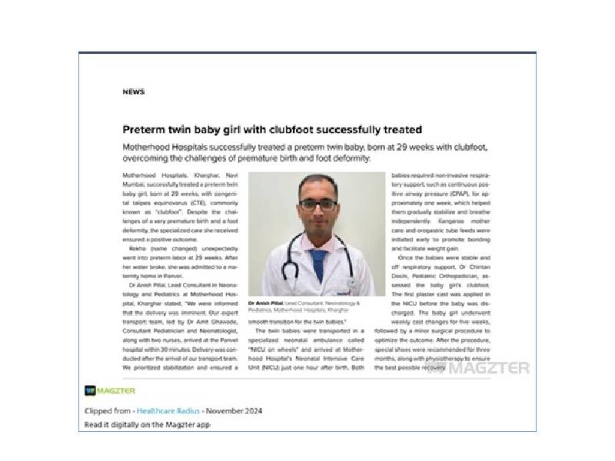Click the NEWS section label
133,91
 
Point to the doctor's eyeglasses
317,204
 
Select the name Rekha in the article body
138,250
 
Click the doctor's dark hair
317,182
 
